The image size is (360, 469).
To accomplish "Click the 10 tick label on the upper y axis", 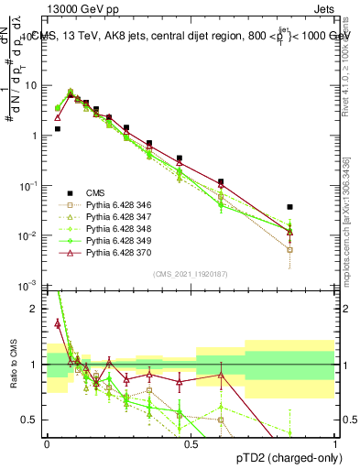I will tap(31, 85).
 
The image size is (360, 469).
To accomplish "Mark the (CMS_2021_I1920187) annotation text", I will tap(191, 274).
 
